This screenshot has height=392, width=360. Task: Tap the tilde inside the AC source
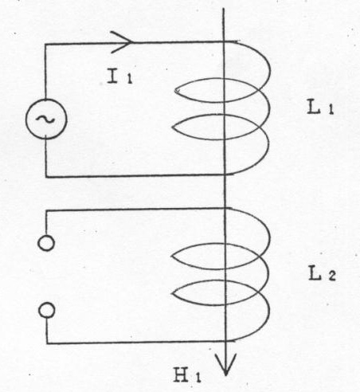(45, 120)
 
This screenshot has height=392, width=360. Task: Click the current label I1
(119, 76)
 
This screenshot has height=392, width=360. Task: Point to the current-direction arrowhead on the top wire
(122, 42)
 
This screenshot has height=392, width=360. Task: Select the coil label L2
(323, 273)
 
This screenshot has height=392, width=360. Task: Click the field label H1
(187, 374)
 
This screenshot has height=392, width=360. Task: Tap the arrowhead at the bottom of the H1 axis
(225, 364)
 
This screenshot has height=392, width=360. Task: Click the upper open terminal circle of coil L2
(46, 243)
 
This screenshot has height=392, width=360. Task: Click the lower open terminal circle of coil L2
(47, 310)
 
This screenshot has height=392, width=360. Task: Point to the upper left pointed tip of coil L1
(175, 91)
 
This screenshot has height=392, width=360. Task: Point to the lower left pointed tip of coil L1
(173, 127)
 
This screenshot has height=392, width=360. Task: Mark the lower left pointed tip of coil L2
(173, 293)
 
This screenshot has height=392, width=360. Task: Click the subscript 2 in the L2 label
(332, 276)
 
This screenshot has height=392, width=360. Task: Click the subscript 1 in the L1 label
(331, 110)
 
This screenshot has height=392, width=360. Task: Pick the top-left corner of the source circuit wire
(45, 44)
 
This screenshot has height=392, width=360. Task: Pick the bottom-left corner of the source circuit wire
(46, 177)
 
